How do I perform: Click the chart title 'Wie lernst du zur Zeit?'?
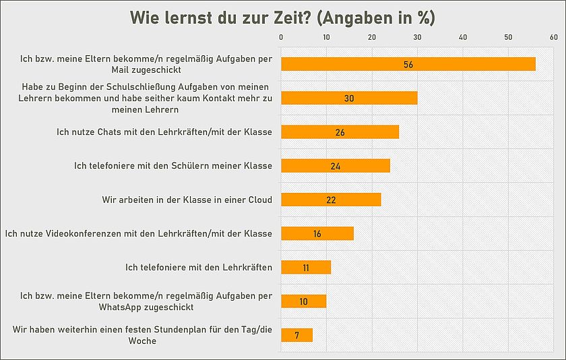click(x=282, y=18)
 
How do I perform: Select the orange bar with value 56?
click(x=408, y=64)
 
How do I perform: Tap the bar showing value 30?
click(x=349, y=98)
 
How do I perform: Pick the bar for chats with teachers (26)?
click(x=340, y=132)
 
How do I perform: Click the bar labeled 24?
click(x=335, y=166)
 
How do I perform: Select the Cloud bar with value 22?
click(x=331, y=200)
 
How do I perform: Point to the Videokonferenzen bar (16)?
click(x=317, y=233)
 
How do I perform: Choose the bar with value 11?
click(x=305, y=267)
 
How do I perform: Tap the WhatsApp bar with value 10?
click(x=303, y=301)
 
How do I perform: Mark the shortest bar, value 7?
click(x=296, y=335)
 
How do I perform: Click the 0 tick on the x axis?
click(x=281, y=37)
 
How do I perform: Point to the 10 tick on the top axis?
click(x=326, y=37)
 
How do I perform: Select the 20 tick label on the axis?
click(x=372, y=37)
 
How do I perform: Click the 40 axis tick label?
click(x=463, y=37)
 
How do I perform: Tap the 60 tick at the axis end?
click(x=553, y=37)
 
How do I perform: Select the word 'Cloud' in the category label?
click(x=259, y=200)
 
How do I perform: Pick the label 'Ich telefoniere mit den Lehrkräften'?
click(x=199, y=268)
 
